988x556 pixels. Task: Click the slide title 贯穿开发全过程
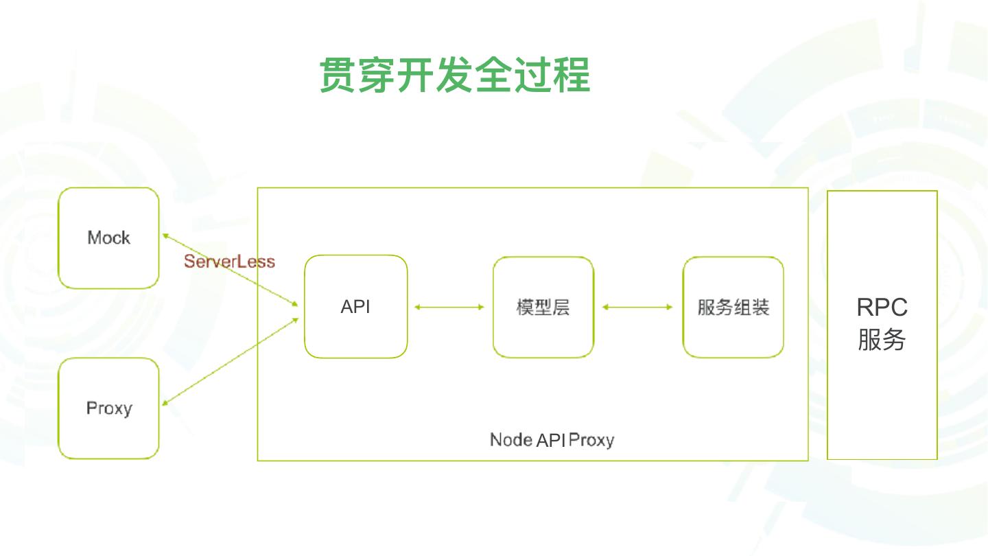455,75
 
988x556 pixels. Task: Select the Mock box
108,238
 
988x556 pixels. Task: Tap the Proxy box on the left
108,408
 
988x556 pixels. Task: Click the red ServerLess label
229,262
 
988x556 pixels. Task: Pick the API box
355,307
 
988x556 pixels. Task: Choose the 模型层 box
543,307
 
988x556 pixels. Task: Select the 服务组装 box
733,307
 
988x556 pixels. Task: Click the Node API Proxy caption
552,440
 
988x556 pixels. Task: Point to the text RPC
882,307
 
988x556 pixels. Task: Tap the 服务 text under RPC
882,340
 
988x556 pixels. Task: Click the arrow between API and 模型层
449,307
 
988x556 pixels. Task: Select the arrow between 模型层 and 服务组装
637,307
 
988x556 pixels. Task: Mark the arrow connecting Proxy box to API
231,361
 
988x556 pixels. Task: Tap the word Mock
108,238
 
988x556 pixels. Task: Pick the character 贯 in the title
338,75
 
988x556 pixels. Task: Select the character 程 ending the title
572,75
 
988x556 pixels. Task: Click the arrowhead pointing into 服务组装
669,307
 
